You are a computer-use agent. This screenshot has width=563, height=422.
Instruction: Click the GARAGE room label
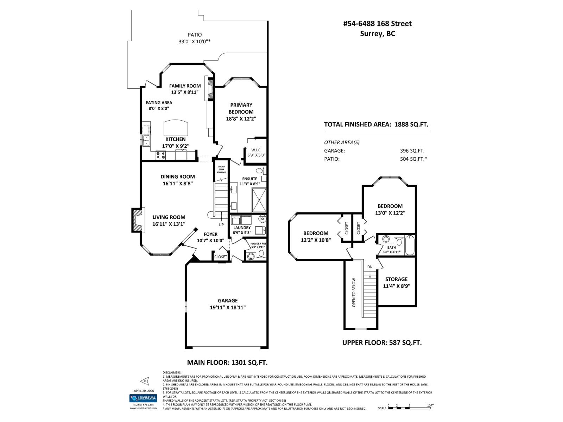(227, 301)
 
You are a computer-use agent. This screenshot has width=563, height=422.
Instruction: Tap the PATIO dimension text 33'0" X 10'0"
(194, 41)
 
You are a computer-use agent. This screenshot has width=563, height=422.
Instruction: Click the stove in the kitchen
(161, 155)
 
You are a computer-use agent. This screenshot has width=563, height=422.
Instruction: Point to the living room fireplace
(138, 220)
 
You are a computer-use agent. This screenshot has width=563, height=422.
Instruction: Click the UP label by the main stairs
(221, 225)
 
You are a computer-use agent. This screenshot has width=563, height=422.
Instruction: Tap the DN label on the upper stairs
(370, 267)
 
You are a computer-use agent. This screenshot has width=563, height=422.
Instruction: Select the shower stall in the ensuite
(259, 200)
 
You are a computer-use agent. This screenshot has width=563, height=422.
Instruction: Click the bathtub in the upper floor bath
(410, 245)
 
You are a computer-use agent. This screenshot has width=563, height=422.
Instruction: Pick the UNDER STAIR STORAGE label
(221, 169)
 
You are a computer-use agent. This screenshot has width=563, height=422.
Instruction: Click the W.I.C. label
(256, 150)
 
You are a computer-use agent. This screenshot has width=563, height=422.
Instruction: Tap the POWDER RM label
(258, 243)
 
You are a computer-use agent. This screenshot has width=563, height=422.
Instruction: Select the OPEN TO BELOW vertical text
(354, 292)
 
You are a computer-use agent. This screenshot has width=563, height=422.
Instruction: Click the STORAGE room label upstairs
(396, 279)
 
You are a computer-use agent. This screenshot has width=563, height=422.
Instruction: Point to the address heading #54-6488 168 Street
(377, 24)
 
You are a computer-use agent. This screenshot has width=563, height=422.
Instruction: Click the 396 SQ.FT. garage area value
(412, 151)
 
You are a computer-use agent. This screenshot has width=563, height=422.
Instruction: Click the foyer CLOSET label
(221, 257)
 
